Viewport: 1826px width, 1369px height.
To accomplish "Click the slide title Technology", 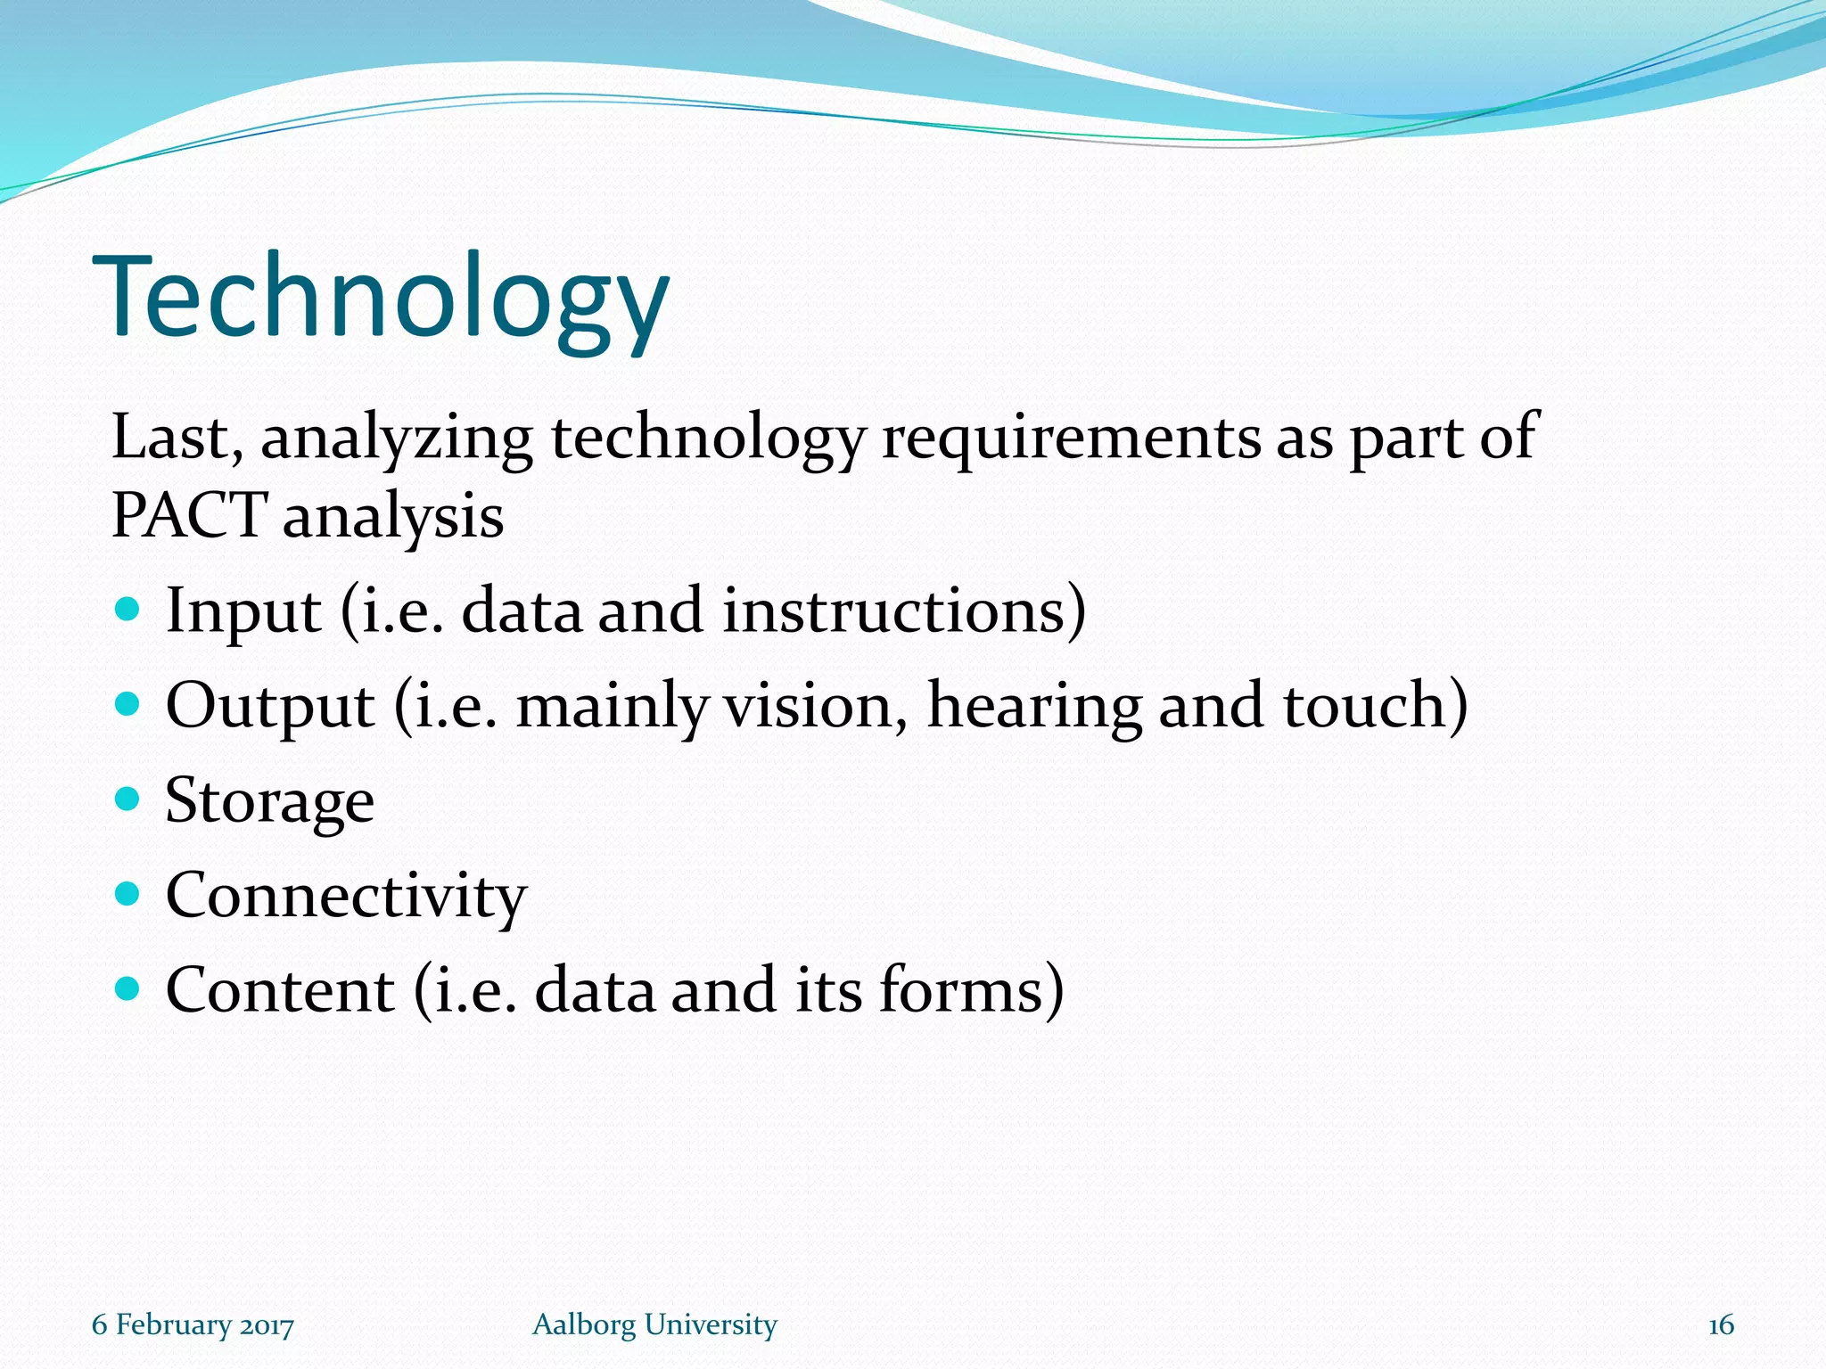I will coord(381,299).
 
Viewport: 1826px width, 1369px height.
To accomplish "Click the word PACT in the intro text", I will coord(188,515).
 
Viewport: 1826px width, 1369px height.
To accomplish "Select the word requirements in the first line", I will coord(1071,439).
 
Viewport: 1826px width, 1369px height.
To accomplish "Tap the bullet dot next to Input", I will coord(128,610).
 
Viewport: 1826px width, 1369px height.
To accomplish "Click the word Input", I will coord(243,611).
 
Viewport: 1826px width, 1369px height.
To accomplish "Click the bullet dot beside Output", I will coord(128,705).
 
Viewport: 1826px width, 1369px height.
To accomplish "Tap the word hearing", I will coord(1034,706).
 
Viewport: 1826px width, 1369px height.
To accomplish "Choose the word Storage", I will coord(269,801).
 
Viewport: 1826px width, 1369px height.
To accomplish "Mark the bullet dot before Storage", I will coord(128,798).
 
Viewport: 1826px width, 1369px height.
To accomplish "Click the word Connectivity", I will coord(346,896).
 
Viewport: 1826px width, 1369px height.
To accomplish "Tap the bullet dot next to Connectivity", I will coord(128,893).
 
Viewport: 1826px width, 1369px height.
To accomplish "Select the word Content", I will coord(280,990).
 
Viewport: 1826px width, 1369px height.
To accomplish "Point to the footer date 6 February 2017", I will coord(193,1324).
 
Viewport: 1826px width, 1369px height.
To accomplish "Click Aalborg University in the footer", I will coord(654,1324).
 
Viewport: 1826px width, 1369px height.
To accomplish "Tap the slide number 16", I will coord(1721,1325).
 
